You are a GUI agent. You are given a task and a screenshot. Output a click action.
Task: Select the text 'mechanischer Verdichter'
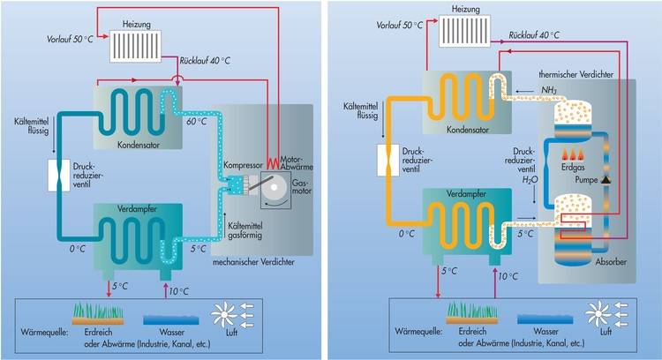pyautogui.click(x=252, y=262)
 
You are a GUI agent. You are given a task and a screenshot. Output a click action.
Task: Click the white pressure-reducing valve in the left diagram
pyautogui.click(x=59, y=173)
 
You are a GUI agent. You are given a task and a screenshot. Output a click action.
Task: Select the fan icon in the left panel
pyautogui.click(x=229, y=315)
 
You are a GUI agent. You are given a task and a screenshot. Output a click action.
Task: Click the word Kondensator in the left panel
pyautogui.click(x=138, y=143)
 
